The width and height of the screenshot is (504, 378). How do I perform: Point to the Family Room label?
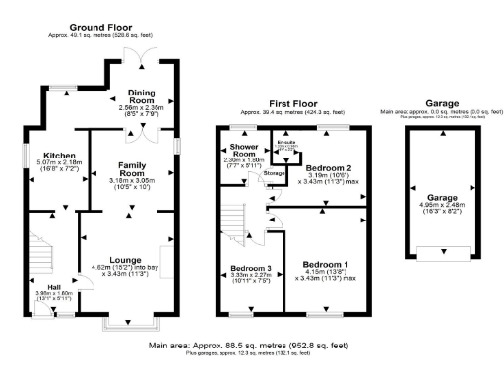click(131, 168)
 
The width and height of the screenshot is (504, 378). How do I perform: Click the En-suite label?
click(286, 142)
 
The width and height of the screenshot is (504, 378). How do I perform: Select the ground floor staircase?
click(39, 251)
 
